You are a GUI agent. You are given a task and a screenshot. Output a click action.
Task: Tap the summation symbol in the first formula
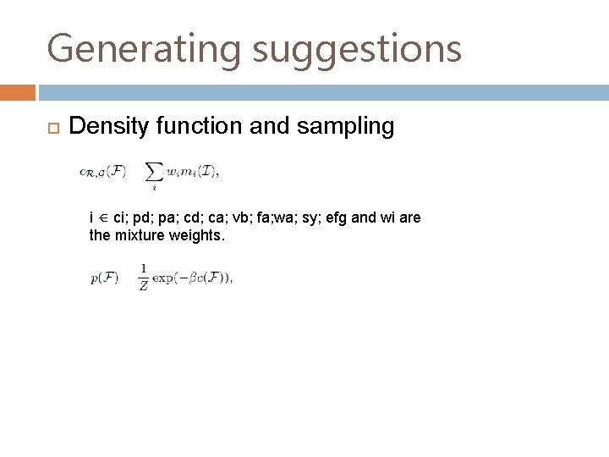(x=154, y=173)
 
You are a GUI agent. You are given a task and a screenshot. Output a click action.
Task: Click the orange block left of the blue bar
(x=18, y=91)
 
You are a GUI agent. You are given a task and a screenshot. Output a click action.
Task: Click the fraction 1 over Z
(x=144, y=277)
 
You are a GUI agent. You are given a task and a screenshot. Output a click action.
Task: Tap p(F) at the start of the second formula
(x=105, y=278)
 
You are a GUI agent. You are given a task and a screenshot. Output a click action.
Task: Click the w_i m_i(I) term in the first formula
(x=192, y=172)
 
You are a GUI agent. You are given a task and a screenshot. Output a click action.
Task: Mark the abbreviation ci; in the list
(x=120, y=218)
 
